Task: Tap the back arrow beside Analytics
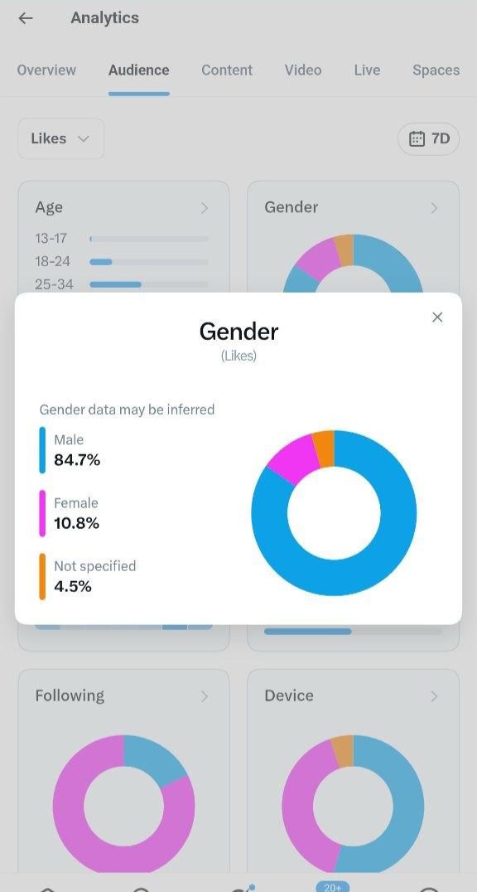click(26, 18)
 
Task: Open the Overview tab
click(46, 70)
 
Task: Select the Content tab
click(227, 70)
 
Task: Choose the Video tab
click(303, 70)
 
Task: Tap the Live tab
click(367, 70)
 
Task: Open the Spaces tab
click(436, 70)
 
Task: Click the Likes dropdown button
click(60, 138)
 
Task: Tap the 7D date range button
click(428, 138)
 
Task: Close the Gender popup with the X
click(437, 317)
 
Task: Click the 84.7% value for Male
click(77, 459)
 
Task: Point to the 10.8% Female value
click(76, 523)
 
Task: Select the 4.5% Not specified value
click(73, 586)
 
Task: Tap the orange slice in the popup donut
click(325, 448)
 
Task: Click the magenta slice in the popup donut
click(295, 459)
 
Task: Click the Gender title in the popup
click(238, 331)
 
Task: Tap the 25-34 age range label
click(54, 284)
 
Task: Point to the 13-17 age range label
click(51, 239)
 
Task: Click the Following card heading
click(70, 696)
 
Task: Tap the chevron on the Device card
click(435, 696)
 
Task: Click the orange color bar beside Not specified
click(42, 576)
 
